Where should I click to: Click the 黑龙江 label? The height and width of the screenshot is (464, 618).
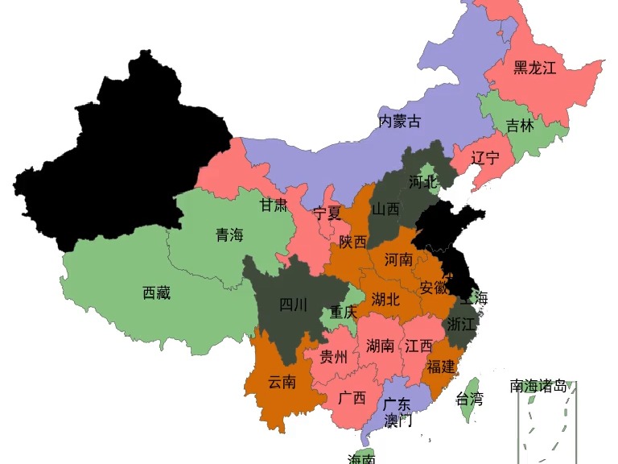535,68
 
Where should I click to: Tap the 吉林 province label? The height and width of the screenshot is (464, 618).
520,126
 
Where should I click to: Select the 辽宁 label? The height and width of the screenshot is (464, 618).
485,158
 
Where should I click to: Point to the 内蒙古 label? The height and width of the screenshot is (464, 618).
400,122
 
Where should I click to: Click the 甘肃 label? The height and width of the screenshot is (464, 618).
274,205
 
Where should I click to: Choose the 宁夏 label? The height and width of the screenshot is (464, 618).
328,214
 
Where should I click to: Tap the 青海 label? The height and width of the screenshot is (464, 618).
229,235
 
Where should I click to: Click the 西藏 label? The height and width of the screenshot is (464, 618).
156,293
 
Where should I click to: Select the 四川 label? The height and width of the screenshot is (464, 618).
293,304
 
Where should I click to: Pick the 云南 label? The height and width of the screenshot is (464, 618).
282,382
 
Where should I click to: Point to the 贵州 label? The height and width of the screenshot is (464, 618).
334,357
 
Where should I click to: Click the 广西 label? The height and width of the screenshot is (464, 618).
352,398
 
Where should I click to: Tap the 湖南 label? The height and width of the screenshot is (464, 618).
380,346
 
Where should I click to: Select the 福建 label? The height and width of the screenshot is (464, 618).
441,367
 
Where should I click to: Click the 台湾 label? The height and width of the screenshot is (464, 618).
470,398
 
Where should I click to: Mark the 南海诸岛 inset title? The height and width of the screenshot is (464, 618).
538,386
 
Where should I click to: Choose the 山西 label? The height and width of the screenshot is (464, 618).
385,209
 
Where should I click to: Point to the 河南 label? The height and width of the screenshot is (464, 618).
398,259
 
